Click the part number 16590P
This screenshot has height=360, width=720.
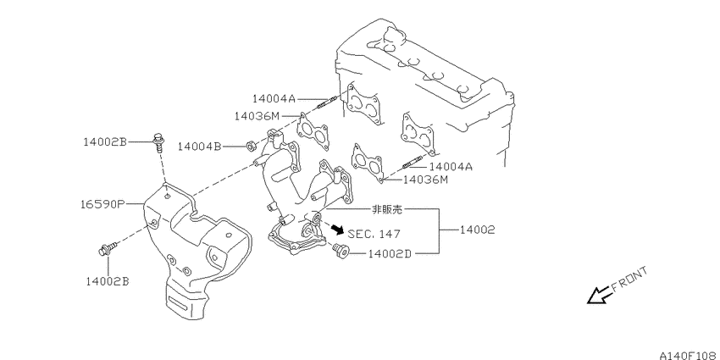(101, 203)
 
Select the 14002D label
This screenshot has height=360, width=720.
(390, 253)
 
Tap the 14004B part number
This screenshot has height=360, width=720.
(199, 147)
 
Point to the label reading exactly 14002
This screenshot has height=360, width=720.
(478, 230)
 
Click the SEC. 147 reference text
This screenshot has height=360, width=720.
(374, 234)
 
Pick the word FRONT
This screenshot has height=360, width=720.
(629, 280)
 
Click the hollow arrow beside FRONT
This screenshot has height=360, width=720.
(600, 295)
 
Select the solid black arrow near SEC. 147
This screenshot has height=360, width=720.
(337, 229)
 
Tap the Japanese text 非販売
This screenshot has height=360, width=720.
(386, 209)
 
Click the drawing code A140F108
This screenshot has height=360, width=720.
(690, 355)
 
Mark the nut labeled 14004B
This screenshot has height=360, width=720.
(251, 147)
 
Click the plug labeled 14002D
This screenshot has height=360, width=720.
(341, 252)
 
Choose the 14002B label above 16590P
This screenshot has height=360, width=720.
(105, 142)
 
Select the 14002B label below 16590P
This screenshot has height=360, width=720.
(108, 281)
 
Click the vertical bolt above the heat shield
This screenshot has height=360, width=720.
(158, 142)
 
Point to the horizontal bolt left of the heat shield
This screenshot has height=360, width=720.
(108, 249)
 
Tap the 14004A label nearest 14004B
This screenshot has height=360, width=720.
(274, 98)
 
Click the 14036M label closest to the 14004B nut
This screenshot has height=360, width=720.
(256, 116)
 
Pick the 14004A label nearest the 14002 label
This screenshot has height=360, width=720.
(451, 166)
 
